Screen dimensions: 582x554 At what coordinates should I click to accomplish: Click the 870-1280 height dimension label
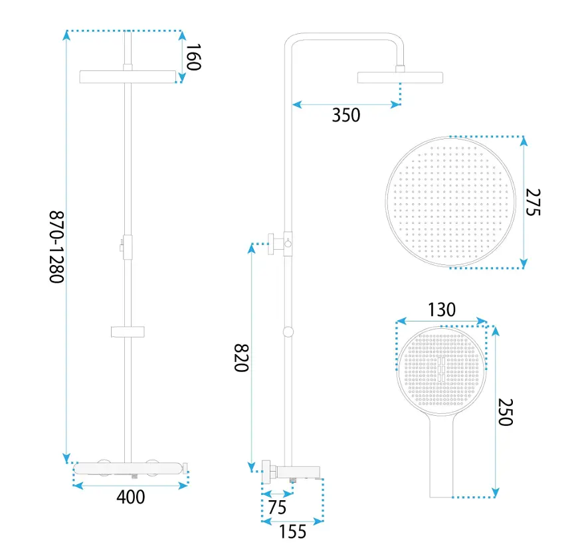pyautogui.click(x=56, y=247)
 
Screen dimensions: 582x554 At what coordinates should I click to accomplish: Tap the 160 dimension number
pyautogui.click(x=193, y=56)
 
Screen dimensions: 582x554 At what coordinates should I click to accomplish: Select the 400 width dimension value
pyautogui.click(x=131, y=497)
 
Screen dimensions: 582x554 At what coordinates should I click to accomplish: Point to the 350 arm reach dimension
pyautogui.click(x=346, y=115)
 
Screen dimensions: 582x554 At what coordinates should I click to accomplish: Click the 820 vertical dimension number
pyautogui.click(x=241, y=358)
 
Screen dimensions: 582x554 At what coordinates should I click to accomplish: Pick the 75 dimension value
pyautogui.click(x=277, y=508)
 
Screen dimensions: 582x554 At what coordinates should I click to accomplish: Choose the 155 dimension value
pyautogui.click(x=292, y=531)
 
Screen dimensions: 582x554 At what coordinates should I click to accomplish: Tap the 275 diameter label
pyautogui.click(x=533, y=202)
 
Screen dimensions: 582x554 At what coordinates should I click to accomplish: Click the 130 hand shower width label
pyautogui.click(x=442, y=310)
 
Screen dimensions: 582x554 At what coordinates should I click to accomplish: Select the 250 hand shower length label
pyautogui.click(x=505, y=413)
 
